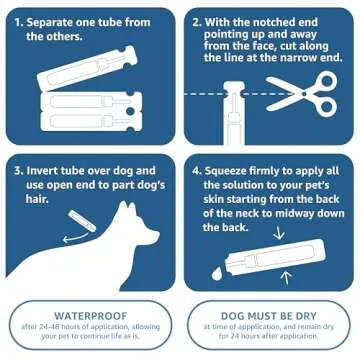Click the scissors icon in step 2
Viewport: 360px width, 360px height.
point(317,91)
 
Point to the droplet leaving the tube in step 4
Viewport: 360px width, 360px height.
point(217,272)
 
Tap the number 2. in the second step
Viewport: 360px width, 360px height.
point(197,20)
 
